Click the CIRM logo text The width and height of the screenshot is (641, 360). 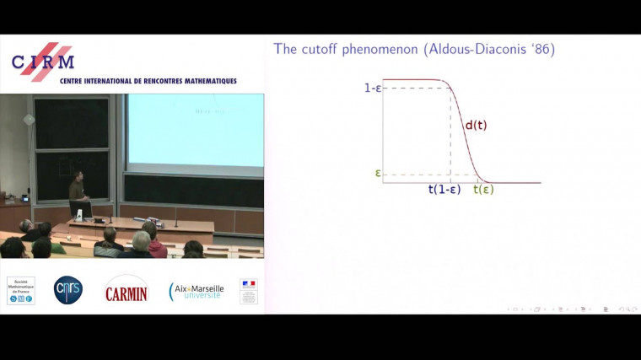[x=42, y=62]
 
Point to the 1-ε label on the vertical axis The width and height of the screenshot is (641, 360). [x=373, y=87]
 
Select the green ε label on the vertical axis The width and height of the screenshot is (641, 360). [x=379, y=174]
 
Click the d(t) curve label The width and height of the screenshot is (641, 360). [x=476, y=126]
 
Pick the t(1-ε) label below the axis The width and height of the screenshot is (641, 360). [x=444, y=190]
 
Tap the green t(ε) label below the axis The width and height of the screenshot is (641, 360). [x=483, y=190]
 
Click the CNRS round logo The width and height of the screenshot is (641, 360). [x=68, y=290]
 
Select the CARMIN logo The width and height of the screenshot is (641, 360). [x=126, y=291]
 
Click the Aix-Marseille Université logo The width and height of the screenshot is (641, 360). [x=196, y=291]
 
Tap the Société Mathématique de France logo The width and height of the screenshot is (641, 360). [x=21, y=290]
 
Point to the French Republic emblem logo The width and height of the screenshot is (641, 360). [x=248, y=291]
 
